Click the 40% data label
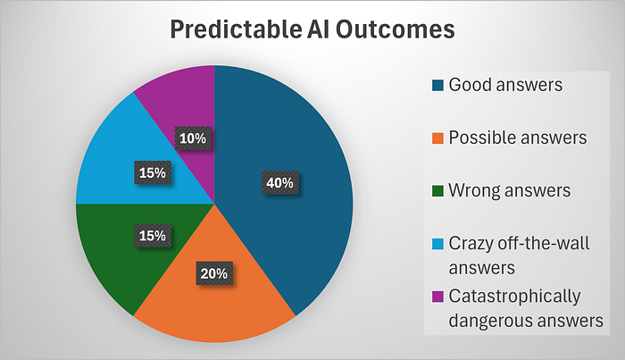(x=279, y=182)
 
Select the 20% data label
(x=214, y=273)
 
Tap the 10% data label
(x=193, y=138)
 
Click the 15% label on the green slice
(x=153, y=236)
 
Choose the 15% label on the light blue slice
(x=153, y=172)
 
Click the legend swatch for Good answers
(x=437, y=86)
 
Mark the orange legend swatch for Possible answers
(x=437, y=138)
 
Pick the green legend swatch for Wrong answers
(x=437, y=191)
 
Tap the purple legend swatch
(x=437, y=297)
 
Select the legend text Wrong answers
(x=510, y=190)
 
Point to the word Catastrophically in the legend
(x=514, y=297)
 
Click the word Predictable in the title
(x=236, y=29)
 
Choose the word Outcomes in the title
(x=395, y=29)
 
